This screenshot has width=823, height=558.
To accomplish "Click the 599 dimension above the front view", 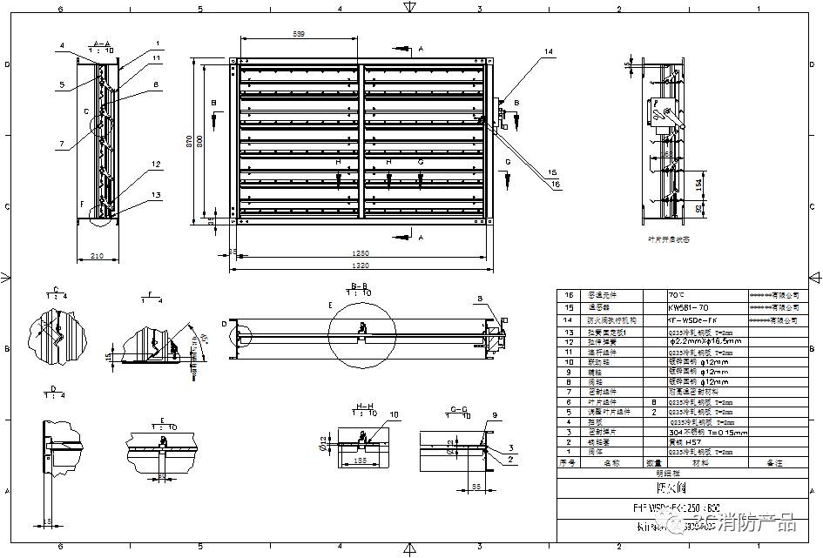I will [x=298, y=34].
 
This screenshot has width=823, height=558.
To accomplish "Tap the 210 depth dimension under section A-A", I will [x=97, y=256].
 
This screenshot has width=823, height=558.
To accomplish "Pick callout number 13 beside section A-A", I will [x=156, y=195].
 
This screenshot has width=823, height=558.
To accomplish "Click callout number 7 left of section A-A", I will [x=62, y=144].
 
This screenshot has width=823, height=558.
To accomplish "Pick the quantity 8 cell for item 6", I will [x=653, y=402].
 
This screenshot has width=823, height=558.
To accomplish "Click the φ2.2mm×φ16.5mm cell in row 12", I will [x=705, y=341].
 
